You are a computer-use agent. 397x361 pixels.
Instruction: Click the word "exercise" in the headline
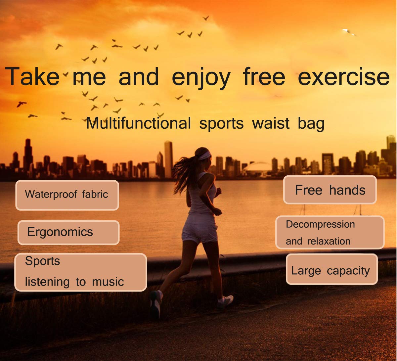click(x=343, y=77)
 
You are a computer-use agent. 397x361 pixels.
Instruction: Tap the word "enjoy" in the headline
click(x=201, y=78)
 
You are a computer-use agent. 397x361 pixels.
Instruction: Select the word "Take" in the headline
click(x=32, y=77)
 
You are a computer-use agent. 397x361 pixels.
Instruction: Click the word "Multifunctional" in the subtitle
click(x=139, y=123)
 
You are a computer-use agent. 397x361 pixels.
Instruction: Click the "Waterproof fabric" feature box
click(x=67, y=195)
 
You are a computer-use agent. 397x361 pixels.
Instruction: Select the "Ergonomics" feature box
click(x=68, y=232)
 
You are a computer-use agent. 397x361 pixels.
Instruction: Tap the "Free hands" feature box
click(x=330, y=190)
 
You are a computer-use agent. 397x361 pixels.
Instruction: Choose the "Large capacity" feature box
click(x=332, y=269)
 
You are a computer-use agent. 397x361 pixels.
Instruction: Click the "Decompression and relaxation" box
click(x=330, y=232)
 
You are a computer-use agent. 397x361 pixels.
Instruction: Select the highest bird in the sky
click(x=206, y=18)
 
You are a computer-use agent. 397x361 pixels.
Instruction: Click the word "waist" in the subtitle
click(x=271, y=123)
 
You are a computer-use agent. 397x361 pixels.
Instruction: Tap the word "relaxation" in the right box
click(x=329, y=241)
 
